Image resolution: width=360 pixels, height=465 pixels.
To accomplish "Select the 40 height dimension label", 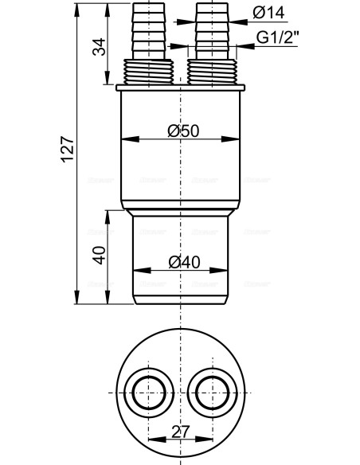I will pyautogui.click(x=99, y=256).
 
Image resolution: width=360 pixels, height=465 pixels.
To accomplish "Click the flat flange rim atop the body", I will pyautogui.click(x=182, y=86).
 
